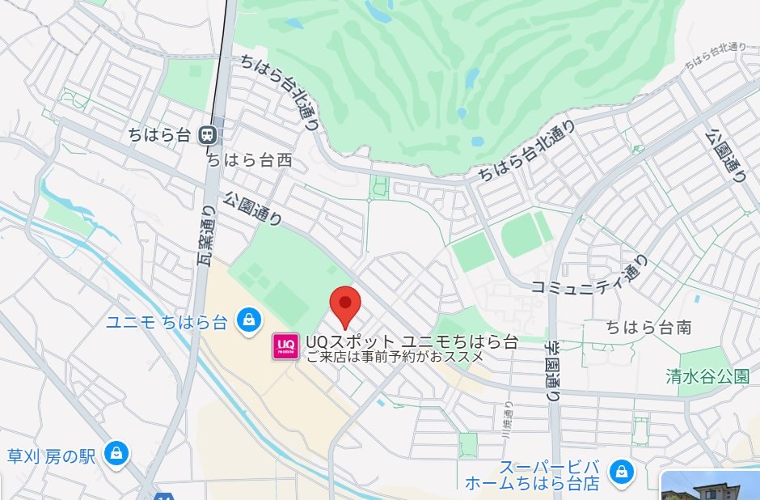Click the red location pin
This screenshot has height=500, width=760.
coord(347,305)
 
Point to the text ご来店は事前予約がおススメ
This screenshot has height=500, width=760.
coord(395,355)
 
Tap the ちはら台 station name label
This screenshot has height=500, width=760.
coord(160,135)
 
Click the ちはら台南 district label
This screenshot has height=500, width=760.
coord(649,328)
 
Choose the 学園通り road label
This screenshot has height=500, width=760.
coord(551,369)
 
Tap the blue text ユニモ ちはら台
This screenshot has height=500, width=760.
coord(167,322)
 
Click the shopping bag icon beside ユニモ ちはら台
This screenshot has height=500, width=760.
coord(248,320)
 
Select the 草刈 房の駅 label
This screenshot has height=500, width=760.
coord(52,456)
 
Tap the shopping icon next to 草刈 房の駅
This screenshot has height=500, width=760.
coord(116,453)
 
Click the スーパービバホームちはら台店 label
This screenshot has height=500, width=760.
coord(533,476)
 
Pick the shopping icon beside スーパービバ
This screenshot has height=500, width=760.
coord(621,471)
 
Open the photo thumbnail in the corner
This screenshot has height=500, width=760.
coord(711,485)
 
